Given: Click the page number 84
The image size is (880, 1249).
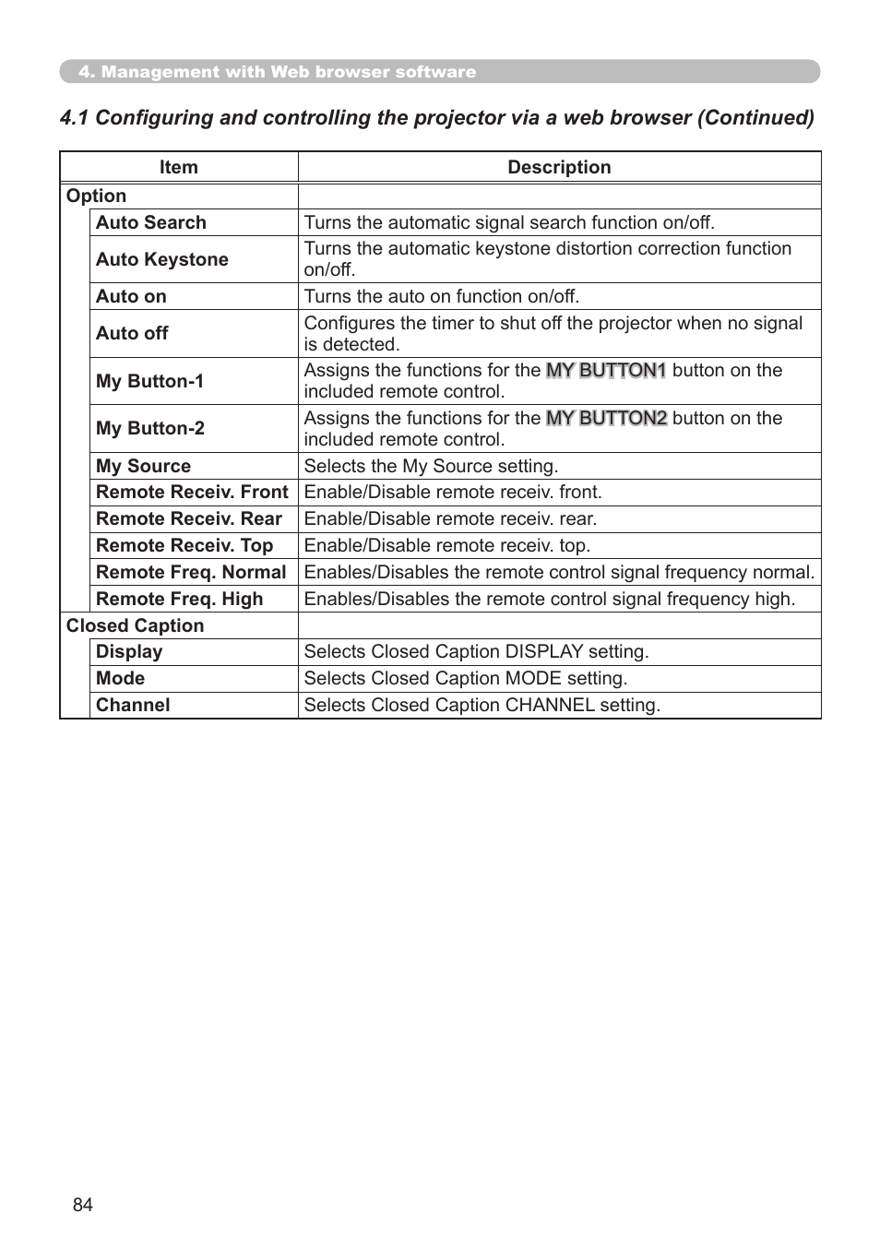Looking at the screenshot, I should click(x=82, y=1205).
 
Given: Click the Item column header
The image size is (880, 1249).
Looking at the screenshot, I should click(x=178, y=167).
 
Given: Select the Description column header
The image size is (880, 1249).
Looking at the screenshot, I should click(x=559, y=167).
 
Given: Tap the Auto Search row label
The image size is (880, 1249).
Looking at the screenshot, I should click(x=150, y=222).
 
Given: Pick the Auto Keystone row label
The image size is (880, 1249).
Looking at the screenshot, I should click(x=161, y=259).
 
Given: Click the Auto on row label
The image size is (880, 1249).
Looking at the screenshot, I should click(x=131, y=296).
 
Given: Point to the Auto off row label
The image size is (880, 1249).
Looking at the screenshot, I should click(x=132, y=333).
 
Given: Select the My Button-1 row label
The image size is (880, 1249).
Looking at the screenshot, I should click(x=149, y=381).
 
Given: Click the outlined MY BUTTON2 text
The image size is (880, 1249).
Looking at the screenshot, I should click(x=606, y=418).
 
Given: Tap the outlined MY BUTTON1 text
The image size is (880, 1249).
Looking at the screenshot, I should click(x=606, y=370).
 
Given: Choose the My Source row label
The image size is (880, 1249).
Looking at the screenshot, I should click(x=143, y=466).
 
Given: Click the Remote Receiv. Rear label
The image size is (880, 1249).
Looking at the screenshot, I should click(x=188, y=518).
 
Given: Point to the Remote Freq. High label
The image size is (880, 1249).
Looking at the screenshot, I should click(x=179, y=599).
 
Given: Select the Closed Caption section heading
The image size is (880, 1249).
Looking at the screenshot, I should click(x=135, y=625).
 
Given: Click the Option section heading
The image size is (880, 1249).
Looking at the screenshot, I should click(x=96, y=196).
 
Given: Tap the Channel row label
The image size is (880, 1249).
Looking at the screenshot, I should click(x=133, y=705).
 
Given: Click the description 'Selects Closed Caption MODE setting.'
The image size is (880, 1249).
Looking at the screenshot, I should click(x=465, y=678).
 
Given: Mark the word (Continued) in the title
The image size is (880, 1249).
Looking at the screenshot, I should click(x=755, y=117).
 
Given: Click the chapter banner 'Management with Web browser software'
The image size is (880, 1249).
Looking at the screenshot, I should click(x=277, y=72).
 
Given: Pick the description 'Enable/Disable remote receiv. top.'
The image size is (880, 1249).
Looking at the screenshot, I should click(x=446, y=545).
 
